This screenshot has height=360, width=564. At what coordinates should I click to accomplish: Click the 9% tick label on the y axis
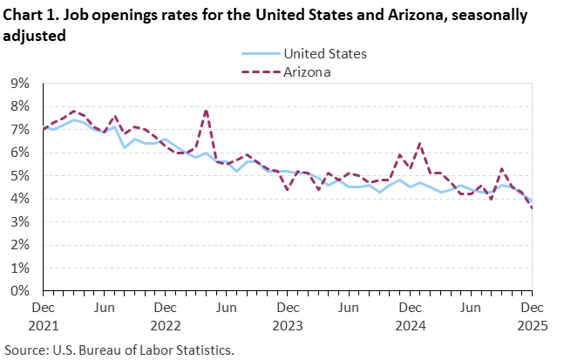point(20,84)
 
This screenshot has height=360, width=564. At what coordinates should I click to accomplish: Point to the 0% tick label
point(20,292)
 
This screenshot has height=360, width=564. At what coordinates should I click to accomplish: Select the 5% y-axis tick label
point(20,176)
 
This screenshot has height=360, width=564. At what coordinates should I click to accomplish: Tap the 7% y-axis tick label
point(20,130)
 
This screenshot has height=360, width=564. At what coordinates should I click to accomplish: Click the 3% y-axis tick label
point(20,222)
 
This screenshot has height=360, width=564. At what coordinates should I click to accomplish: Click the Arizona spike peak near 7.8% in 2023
point(206,110)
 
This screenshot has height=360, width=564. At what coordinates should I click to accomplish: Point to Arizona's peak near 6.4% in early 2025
point(419,144)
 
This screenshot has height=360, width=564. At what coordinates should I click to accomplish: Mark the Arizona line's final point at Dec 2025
point(531,207)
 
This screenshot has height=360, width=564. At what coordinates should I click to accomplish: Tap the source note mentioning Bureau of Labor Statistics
point(119,350)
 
